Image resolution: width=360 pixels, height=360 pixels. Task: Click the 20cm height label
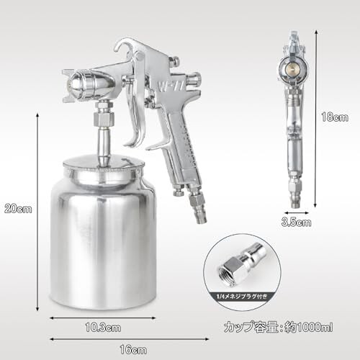coord(18,209)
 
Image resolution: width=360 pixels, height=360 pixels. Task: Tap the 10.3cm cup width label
coord(103,328)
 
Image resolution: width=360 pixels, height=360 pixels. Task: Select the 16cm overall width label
coord(133,350)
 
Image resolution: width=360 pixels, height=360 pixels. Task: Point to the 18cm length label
coord(335,117)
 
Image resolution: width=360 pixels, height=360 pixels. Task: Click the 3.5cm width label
coord(296,222)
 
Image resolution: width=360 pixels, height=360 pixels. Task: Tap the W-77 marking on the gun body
coord(171,86)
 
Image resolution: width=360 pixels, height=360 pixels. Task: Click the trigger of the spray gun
coord(135,113)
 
